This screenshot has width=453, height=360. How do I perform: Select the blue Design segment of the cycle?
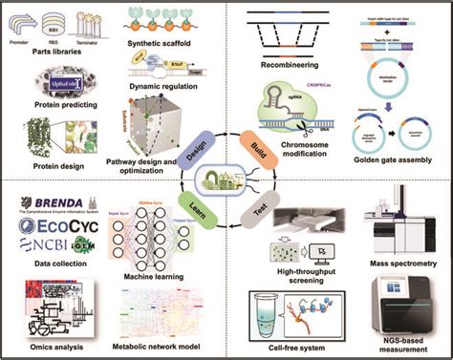(199, 144)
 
